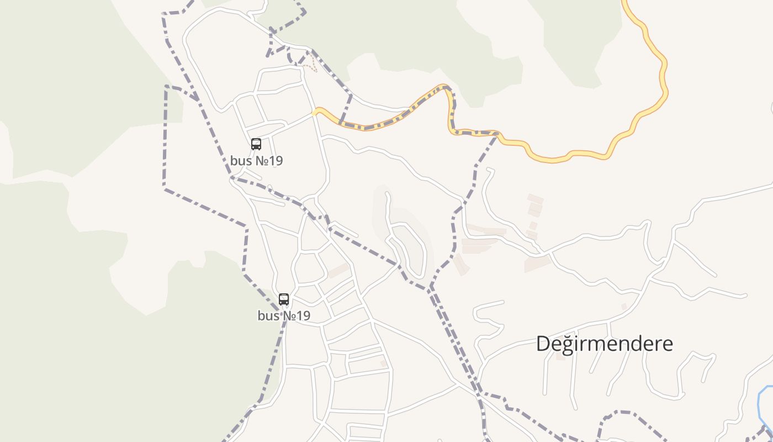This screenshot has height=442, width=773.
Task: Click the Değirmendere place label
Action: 605,344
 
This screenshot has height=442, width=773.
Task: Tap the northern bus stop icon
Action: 256,144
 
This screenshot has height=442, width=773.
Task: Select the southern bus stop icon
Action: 284,299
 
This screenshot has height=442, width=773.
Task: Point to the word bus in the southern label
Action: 268,316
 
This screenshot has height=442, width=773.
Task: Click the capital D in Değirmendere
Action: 543,344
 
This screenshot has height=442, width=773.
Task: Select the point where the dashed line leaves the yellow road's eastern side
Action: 498,133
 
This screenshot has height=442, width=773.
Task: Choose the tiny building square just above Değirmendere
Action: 624,306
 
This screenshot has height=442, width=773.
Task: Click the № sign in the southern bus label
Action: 289,316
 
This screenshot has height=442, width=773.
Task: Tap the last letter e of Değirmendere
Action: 667,344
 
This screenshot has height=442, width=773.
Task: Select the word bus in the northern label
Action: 240,161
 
